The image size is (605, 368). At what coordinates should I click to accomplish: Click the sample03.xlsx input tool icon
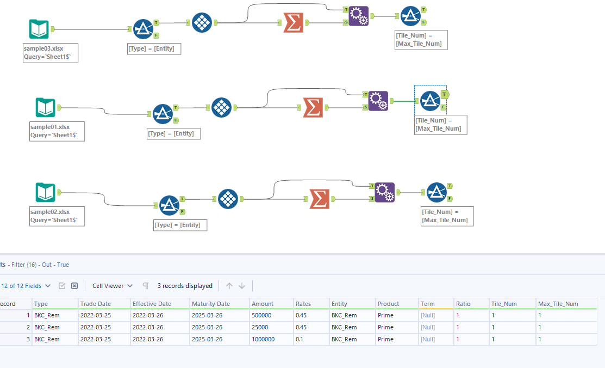point(39,29)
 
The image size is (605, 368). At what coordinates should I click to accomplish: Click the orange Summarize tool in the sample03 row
point(294,23)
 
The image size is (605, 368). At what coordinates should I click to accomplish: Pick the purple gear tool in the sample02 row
point(385,192)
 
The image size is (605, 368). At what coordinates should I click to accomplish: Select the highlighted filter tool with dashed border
point(431,100)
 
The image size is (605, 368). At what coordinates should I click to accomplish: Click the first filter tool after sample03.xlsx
point(144,29)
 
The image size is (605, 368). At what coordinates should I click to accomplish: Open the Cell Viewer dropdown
point(112,286)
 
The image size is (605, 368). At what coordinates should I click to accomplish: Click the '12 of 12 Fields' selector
point(26,286)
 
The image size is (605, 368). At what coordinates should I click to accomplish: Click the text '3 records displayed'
point(185,286)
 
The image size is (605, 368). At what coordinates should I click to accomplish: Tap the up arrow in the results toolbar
point(229,286)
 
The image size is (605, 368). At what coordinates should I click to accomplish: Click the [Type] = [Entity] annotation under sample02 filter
point(180,225)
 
